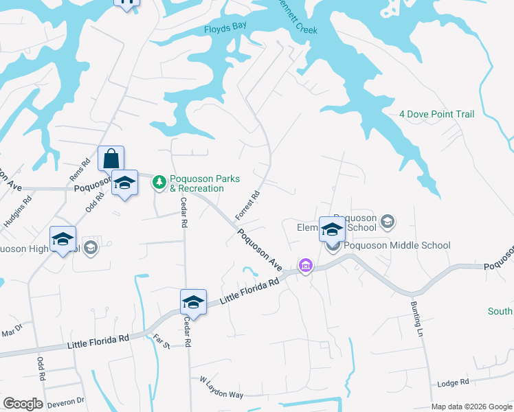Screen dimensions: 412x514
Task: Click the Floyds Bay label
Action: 225,30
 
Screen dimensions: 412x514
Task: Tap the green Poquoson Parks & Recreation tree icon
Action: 159,182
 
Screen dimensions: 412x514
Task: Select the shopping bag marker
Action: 111,159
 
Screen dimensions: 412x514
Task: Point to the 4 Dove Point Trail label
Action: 437,114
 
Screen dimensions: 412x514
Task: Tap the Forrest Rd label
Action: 248,205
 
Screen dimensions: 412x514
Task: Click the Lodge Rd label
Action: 455,382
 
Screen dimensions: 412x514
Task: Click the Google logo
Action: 23,404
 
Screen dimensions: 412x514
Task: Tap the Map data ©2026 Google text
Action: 471,407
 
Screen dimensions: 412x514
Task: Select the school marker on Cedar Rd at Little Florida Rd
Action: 193,302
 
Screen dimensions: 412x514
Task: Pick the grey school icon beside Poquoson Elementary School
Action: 388,221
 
